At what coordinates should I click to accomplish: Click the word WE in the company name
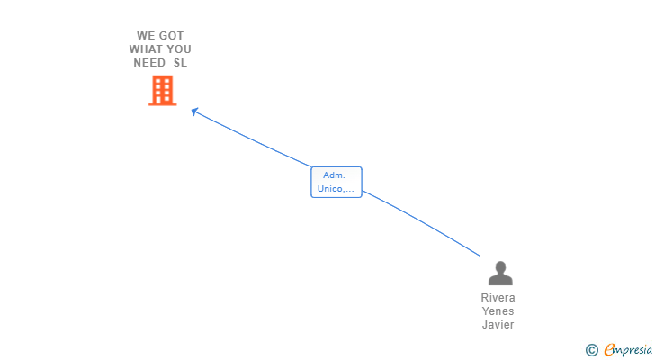tap(144, 36)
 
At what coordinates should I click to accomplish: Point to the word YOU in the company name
tap(179, 49)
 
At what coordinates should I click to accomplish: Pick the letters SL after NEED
tap(181, 63)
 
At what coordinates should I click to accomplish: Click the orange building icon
tap(163, 91)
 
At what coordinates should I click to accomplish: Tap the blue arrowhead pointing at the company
tap(194, 112)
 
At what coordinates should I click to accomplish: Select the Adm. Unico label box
tap(336, 182)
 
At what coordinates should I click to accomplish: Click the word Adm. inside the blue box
tap(334, 175)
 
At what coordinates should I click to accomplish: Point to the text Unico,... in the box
tap(336, 189)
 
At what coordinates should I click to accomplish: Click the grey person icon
tap(500, 273)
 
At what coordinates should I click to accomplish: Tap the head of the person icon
tap(500, 267)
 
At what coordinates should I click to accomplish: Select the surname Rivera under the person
tap(498, 298)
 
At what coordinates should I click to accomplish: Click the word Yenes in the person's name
tap(498, 311)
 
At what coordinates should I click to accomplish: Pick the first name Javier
tap(498, 325)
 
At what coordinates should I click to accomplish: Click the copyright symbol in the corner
tap(592, 350)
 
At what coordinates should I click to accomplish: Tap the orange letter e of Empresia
tap(609, 349)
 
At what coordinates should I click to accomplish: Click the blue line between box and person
tap(422, 221)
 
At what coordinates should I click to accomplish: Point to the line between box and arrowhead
tap(253, 139)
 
